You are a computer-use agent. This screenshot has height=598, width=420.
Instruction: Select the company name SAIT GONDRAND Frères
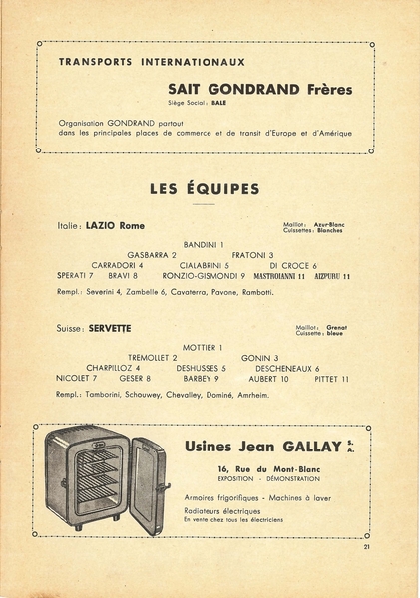[x=259, y=89]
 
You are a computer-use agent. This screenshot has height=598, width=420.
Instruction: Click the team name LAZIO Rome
[x=115, y=226]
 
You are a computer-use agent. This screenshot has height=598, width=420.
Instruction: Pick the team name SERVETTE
[x=109, y=328]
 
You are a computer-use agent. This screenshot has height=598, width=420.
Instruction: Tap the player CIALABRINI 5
[x=206, y=266]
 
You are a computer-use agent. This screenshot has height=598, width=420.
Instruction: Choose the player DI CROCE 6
[x=293, y=266]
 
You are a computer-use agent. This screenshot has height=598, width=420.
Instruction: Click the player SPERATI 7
[x=76, y=276]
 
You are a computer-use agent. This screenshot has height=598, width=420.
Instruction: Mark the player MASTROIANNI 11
[x=279, y=276]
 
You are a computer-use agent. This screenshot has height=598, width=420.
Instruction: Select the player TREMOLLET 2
[x=152, y=358]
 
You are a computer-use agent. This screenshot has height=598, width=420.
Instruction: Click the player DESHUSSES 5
[x=202, y=369]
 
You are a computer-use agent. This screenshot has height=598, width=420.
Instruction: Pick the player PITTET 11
[x=331, y=379]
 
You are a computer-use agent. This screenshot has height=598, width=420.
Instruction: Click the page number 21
[x=367, y=547]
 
